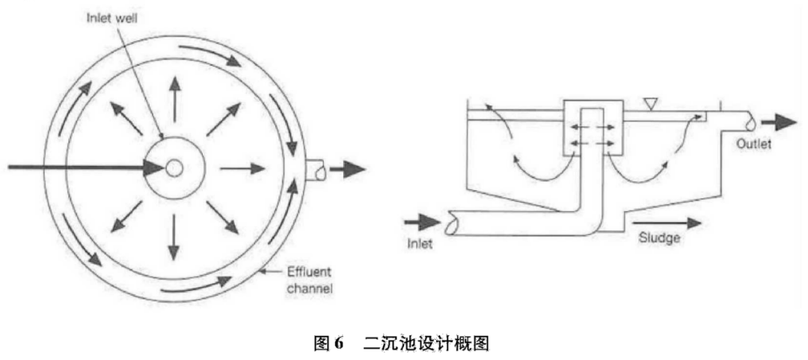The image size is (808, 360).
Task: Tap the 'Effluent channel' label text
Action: click(x=308, y=279)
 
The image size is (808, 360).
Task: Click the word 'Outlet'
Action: click(x=753, y=144)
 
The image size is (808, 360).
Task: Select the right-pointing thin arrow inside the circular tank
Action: click(x=242, y=168)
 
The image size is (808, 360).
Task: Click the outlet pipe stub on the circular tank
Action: click(x=315, y=169)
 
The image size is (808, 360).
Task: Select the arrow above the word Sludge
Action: click(x=667, y=222)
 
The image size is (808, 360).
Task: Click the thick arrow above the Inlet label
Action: click(x=422, y=222)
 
